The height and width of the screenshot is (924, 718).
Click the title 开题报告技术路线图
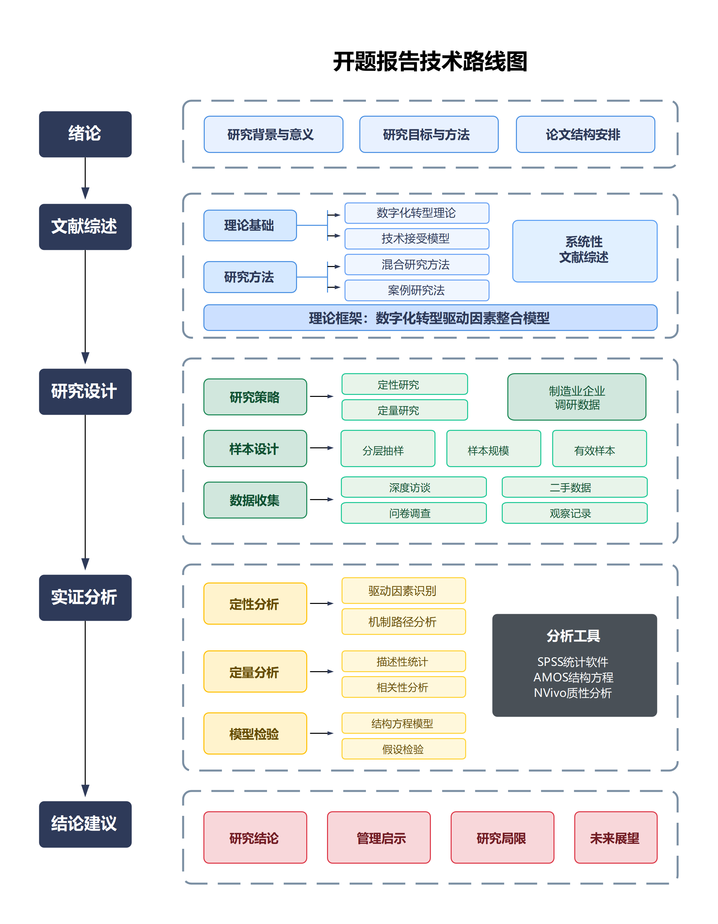pyautogui.click(x=430, y=62)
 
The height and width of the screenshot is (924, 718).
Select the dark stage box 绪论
pyautogui.click(x=85, y=134)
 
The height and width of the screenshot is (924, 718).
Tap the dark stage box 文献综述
pyautogui.click(x=85, y=227)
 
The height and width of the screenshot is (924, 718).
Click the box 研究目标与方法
pyautogui.click(x=429, y=134)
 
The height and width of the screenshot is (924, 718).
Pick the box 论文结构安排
pyautogui.click(x=585, y=134)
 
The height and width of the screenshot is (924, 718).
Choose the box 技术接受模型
pyautogui.click(x=416, y=239)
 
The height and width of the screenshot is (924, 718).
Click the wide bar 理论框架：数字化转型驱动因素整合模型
pyautogui.click(x=430, y=318)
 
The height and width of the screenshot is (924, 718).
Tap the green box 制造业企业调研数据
pyautogui.click(x=576, y=397)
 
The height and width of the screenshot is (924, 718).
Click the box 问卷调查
pyautogui.click(x=413, y=513)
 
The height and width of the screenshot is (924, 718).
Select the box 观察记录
pyautogui.click(x=574, y=513)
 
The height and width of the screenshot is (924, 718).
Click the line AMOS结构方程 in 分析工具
pyautogui.click(x=573, y=677)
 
